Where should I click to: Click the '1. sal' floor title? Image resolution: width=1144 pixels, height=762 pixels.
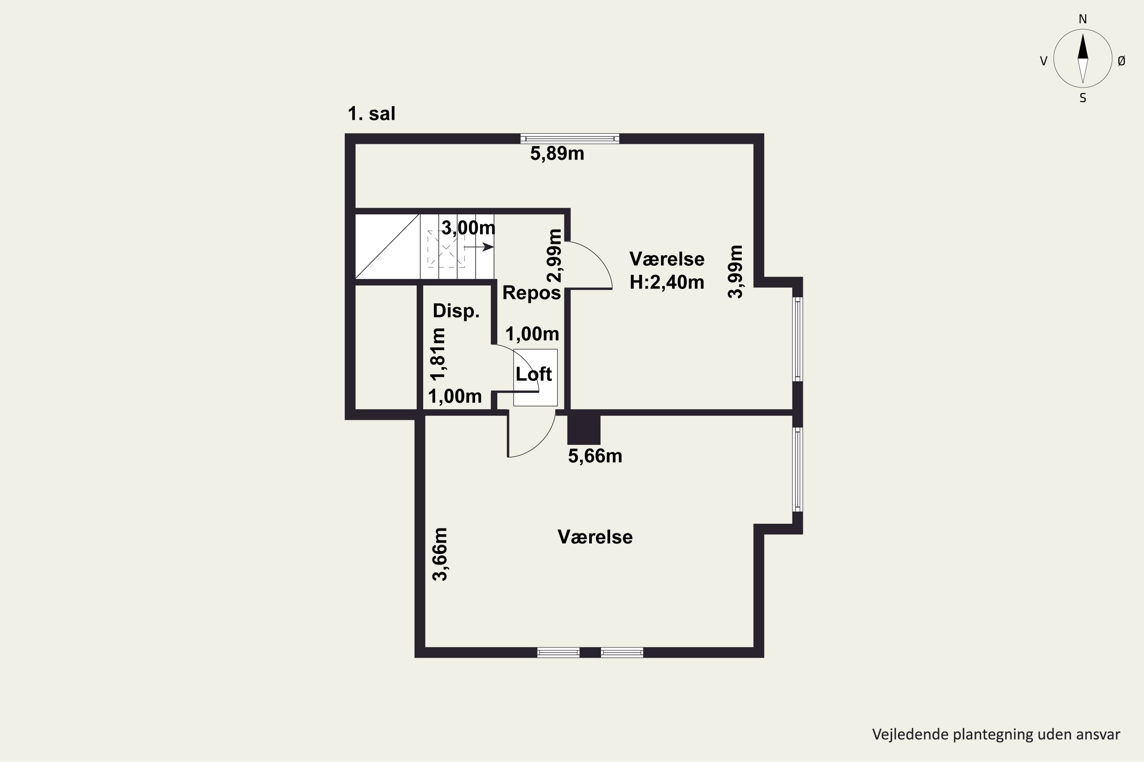(371, 114)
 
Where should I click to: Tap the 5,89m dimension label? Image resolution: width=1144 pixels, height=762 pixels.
(557, 154)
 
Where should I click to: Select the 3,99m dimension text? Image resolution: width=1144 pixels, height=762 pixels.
(736, 271)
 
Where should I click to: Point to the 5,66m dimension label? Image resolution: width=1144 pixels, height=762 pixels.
(595, 456)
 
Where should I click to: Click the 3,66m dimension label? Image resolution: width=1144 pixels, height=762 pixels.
(440, 554)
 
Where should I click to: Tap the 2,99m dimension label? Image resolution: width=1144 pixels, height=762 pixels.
(554, 256)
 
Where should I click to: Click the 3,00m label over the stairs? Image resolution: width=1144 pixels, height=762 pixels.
(468, 227)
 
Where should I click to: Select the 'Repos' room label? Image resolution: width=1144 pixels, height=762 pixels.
(532, 293)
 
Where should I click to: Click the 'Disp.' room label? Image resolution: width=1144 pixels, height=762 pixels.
(456, 311)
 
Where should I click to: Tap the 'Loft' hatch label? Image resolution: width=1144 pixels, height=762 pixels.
(533, 374)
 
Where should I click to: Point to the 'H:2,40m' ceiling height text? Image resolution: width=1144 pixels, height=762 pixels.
(667, 282)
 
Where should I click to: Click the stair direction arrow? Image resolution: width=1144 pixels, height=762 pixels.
(479, 247)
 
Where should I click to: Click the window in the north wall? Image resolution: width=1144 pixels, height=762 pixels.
(570, 139)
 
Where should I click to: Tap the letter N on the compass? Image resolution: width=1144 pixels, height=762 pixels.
(1083, 19)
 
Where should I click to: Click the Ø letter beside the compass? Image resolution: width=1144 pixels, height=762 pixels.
(1122, 61)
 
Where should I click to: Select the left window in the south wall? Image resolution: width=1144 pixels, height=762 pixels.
(558, 653)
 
